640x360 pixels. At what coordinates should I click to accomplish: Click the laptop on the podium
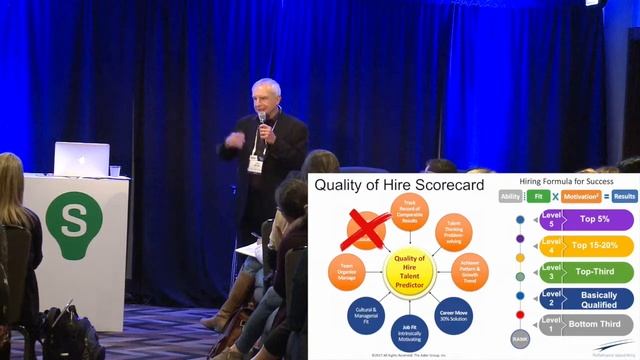coord(82,158)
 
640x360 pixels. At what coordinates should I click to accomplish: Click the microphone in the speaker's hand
coord(263,121)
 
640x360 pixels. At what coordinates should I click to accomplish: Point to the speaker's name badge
coord(256,164)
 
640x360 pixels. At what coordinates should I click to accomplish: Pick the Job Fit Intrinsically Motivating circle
coord(411,334)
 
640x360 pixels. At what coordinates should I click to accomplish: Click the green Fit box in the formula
coord(537,196)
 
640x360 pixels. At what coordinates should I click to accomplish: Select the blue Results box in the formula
coord(624,196)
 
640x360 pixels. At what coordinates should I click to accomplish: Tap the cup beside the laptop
coord(115,171)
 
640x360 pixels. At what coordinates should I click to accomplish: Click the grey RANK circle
coord(520,340)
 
